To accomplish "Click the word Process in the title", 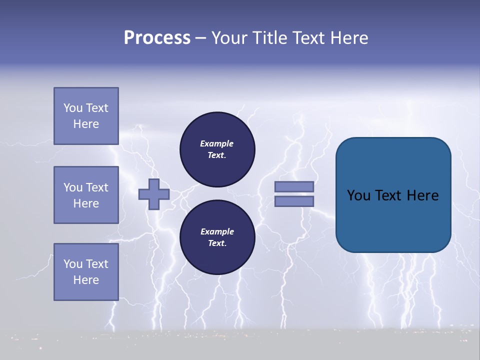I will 157,38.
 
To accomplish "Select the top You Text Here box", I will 86,116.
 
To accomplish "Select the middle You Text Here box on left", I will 86,195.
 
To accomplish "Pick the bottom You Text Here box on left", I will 86,272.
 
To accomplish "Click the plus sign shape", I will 154,194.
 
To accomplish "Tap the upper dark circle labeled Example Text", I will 217,149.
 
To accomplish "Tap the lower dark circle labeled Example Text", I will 217,237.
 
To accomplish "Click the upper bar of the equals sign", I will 294,186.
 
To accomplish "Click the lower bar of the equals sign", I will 294,201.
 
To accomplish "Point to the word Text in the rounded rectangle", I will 388,195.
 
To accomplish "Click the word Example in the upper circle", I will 217,143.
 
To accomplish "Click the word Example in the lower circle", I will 217,231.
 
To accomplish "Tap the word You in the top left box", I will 73,108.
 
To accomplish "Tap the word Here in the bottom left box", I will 86,280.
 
